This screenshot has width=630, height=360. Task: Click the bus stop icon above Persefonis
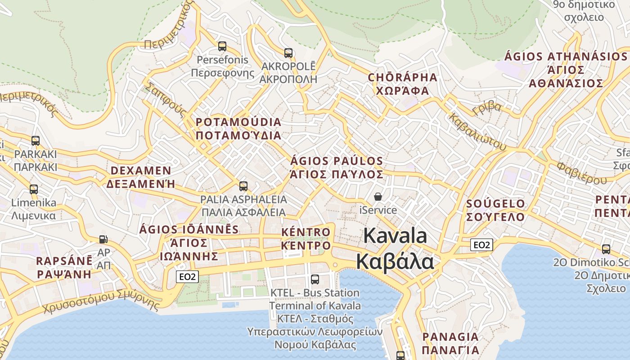222,46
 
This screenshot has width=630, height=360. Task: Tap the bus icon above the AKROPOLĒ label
288,53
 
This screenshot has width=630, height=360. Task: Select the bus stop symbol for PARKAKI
36,141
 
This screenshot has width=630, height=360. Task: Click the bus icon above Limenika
34,189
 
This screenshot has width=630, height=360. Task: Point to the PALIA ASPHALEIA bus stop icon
243,186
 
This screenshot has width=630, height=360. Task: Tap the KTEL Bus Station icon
315,279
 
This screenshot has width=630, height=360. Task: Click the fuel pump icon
103,239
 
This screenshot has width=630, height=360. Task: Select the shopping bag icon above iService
378,197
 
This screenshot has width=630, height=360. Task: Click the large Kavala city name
395,248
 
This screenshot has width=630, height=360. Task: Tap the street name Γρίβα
487,108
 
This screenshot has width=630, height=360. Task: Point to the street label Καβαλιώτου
477,131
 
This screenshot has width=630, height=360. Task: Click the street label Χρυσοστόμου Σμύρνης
101,302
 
